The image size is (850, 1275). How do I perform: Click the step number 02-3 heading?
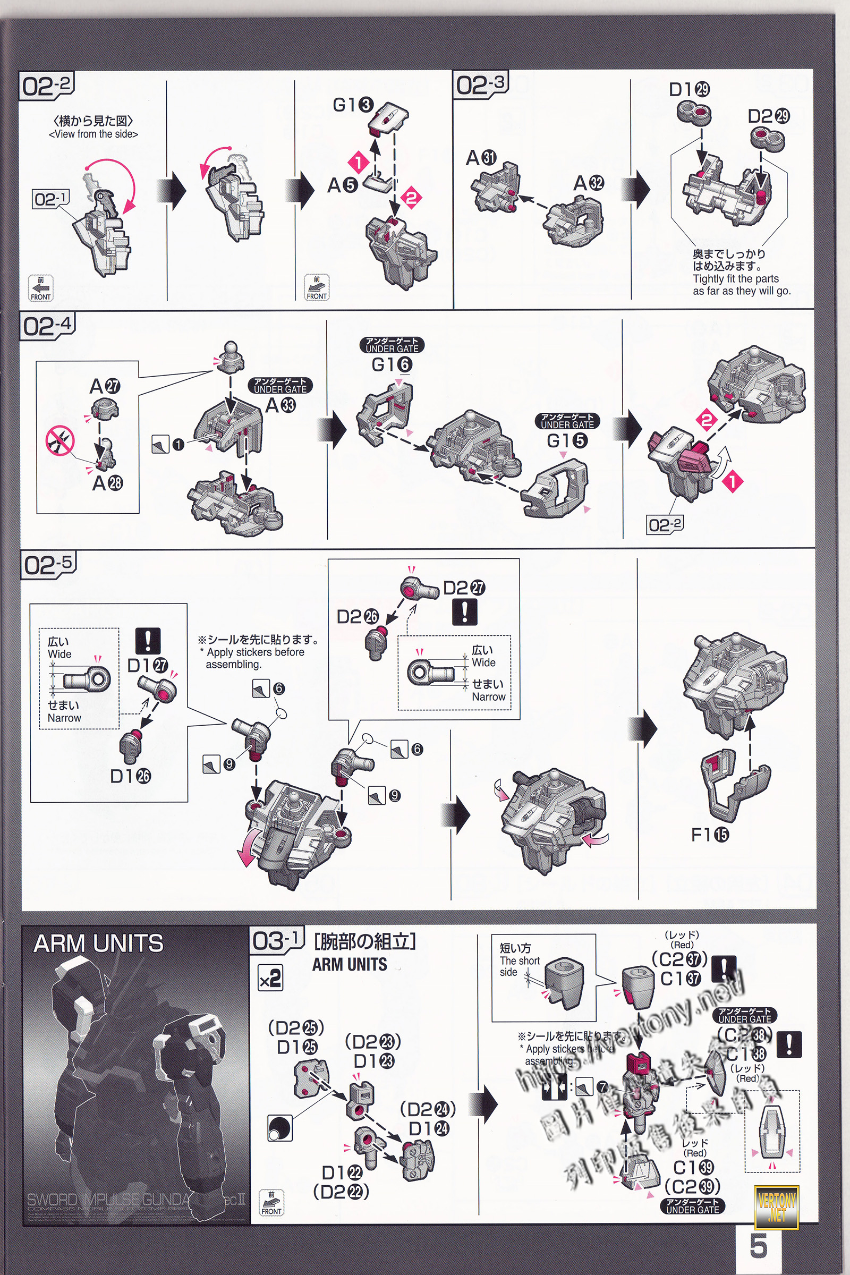[480, 84]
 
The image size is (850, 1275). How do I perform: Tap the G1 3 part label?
[353, 105]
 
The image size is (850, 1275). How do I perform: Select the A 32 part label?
[589, 183]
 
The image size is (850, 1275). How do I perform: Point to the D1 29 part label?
[689, 89]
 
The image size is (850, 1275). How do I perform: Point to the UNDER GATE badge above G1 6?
[392, 345]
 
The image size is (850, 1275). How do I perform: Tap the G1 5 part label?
[567, 440]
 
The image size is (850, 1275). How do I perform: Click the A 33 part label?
[281, 405]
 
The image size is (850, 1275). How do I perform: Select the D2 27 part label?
[464, 588]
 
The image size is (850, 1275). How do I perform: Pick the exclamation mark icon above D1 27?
[148, 640]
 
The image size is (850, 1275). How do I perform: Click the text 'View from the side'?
[93, 134]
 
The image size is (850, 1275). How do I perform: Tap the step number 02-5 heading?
[48, 565]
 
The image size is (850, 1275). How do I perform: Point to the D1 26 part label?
[130, 776]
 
